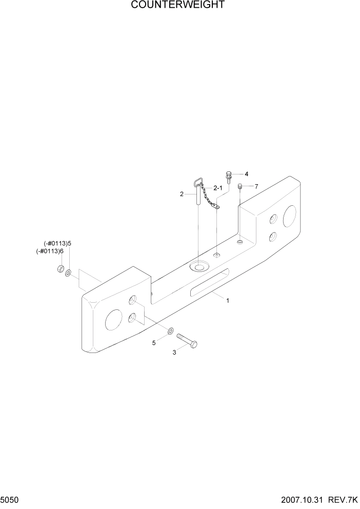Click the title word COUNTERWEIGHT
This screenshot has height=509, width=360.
[177, 5]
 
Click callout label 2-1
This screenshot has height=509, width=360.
[217, 188]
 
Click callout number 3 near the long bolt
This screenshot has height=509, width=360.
[174, 353]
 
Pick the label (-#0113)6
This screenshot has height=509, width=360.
[50, 251]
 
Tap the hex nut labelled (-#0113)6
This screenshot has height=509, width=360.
[61, 269]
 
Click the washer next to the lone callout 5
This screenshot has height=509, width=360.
[170, 330]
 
